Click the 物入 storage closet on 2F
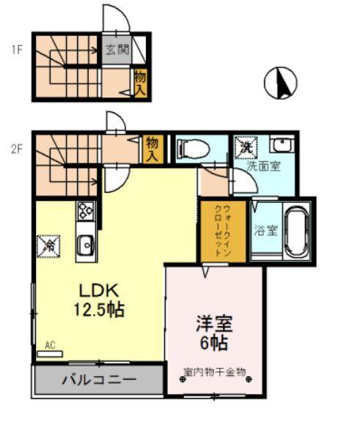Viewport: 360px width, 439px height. [153, 149]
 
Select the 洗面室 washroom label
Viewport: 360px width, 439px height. [262, 166]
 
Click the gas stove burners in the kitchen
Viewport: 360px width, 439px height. [85, 210]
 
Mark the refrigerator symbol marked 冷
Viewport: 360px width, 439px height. [48, 245]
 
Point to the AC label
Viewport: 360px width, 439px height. [50, 344]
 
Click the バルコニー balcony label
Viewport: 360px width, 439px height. [98, 380]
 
